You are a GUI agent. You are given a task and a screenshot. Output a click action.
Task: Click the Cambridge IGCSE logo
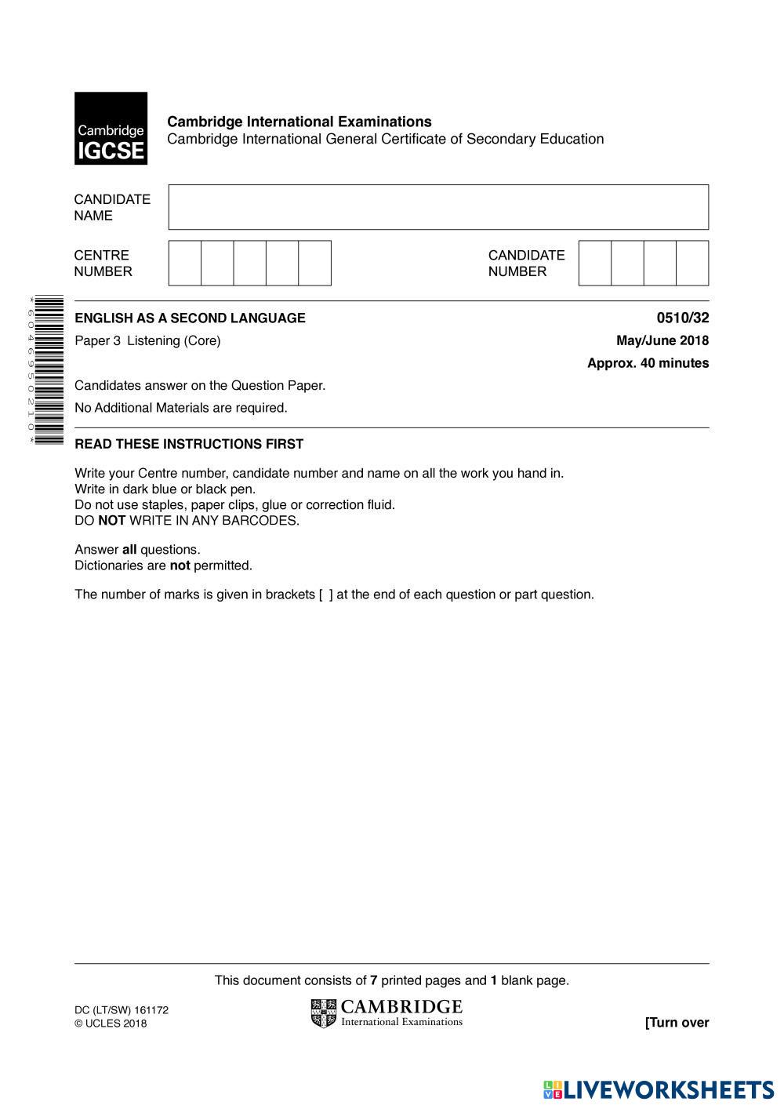pos(111,129)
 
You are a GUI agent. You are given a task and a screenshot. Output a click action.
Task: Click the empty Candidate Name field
pos(438,207)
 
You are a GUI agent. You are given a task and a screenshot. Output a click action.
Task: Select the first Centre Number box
pos(185,263)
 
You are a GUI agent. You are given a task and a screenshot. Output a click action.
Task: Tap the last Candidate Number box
pos(692,263)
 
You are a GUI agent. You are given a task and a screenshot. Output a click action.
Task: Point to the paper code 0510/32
pos(682,318)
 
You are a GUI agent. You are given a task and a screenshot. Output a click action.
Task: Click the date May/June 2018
pos(662,340)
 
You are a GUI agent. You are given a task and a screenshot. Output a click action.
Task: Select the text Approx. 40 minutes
pos(648,363)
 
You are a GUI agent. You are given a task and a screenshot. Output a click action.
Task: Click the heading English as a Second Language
pos(190,318)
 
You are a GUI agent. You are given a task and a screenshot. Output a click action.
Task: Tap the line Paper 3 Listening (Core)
pos(147,340)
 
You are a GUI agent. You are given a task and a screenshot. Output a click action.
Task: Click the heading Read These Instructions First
pos(189,444)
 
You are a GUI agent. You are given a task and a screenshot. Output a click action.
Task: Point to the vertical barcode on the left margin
pos(49,370)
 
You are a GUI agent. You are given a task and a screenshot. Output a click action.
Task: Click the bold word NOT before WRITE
pos(111,521)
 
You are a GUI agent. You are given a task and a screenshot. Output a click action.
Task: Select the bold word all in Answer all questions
pos(129,550)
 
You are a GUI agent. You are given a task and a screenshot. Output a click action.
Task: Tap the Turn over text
pos(677,1022)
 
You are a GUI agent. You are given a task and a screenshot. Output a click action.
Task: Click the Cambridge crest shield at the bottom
pos(323,1013)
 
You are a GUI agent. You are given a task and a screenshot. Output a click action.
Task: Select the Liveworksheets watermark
pos(659,1089)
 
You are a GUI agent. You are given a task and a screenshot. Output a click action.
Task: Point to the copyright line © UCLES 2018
pos(111,1024)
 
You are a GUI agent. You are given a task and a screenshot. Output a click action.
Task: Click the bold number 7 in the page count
pos(374,980)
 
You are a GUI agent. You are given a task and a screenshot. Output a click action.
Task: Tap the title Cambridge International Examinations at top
pos(299,122)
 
